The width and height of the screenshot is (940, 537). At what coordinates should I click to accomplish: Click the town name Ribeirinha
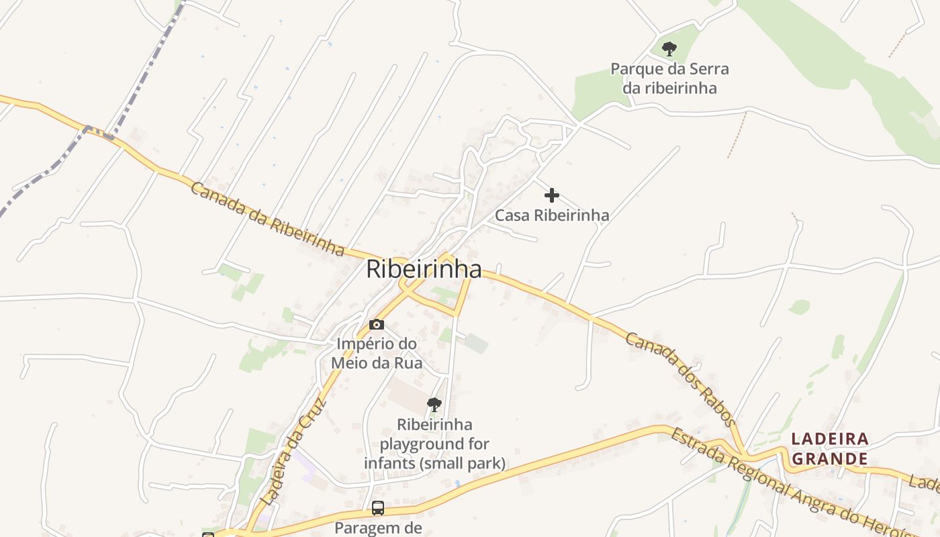pyautogui.click(x=424, y=270)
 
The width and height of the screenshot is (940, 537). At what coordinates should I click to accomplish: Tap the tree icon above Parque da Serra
pyautogui.click(x=669, y=48)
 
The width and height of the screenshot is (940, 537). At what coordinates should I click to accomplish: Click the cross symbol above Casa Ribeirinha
pyautogui.click(x=552, y=195)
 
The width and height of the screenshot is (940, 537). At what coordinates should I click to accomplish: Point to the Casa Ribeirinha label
pyautogui.click(x=552, y=215)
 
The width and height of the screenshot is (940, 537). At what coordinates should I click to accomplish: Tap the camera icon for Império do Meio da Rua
pyautogui.click(x=377, y=325)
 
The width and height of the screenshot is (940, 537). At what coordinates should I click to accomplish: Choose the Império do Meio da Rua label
pyautogui.click(x=377, y=354)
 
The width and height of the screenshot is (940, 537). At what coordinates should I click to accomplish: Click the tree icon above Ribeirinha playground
pyautogui.click(x=434, y=404)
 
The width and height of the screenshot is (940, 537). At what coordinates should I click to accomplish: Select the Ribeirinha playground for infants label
pyautogui.click(x=434, y=444)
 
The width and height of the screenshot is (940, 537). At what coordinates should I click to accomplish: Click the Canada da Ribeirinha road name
pyautogui.click(x=267, y=219)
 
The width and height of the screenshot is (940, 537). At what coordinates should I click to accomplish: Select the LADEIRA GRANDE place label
pyautogui.click(x=830, y=449)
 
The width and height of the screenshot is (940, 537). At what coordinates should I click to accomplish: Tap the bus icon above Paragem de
pyautogui.click(x=378, y=508)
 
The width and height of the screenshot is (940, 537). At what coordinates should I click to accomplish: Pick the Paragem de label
pyautogui.click(x=378, y=528)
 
